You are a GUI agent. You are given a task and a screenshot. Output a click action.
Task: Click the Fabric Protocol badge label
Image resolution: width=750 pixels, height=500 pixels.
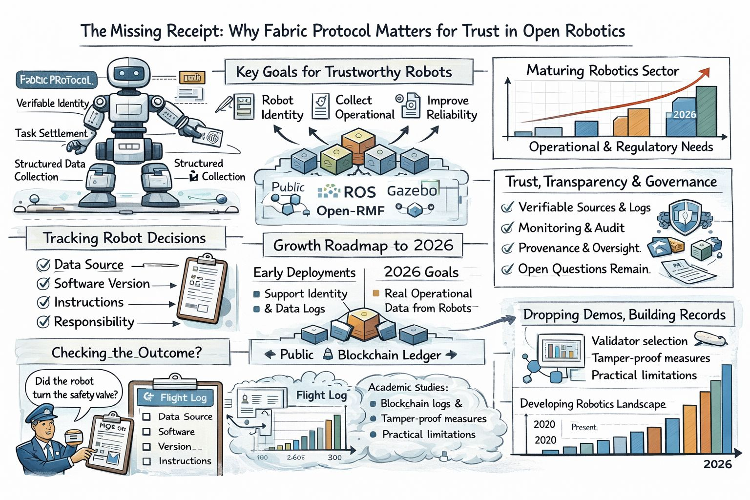(x=56, y=80)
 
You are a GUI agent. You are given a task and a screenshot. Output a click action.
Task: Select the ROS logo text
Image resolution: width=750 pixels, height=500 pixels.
(x=359, y=192)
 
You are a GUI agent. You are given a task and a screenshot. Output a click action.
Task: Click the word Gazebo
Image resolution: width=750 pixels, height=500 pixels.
(x=412, y=190)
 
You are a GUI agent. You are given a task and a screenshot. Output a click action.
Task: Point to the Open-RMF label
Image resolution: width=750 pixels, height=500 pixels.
(x=350, y=211)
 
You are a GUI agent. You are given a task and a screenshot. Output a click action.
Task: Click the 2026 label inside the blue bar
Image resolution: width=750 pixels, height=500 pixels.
(x=684, y=115)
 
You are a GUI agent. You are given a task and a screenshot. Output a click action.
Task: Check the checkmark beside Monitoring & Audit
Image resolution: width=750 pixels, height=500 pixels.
(x=508, y=228)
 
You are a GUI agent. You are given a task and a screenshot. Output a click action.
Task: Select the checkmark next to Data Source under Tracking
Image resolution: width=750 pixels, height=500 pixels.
(x=43, y=265)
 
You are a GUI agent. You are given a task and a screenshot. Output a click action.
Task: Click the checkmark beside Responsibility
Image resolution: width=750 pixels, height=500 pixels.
(x=43, y=322)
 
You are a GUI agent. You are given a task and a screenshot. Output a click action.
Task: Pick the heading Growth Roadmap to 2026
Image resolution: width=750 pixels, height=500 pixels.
(x=363, y=245)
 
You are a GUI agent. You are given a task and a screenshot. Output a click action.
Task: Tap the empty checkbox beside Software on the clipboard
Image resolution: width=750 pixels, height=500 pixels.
(x=146, y=432)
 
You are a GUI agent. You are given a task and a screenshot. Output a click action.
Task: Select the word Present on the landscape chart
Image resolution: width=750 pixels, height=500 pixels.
(x=584, y=427)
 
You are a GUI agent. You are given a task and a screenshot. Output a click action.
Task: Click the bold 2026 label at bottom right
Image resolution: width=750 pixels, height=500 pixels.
(x=717, y=464)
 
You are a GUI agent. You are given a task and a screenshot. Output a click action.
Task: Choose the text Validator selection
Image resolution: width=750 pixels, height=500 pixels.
(x=639, y=341)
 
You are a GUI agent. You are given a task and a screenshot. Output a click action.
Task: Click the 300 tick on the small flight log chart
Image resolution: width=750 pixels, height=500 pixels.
(x=334, y=458)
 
